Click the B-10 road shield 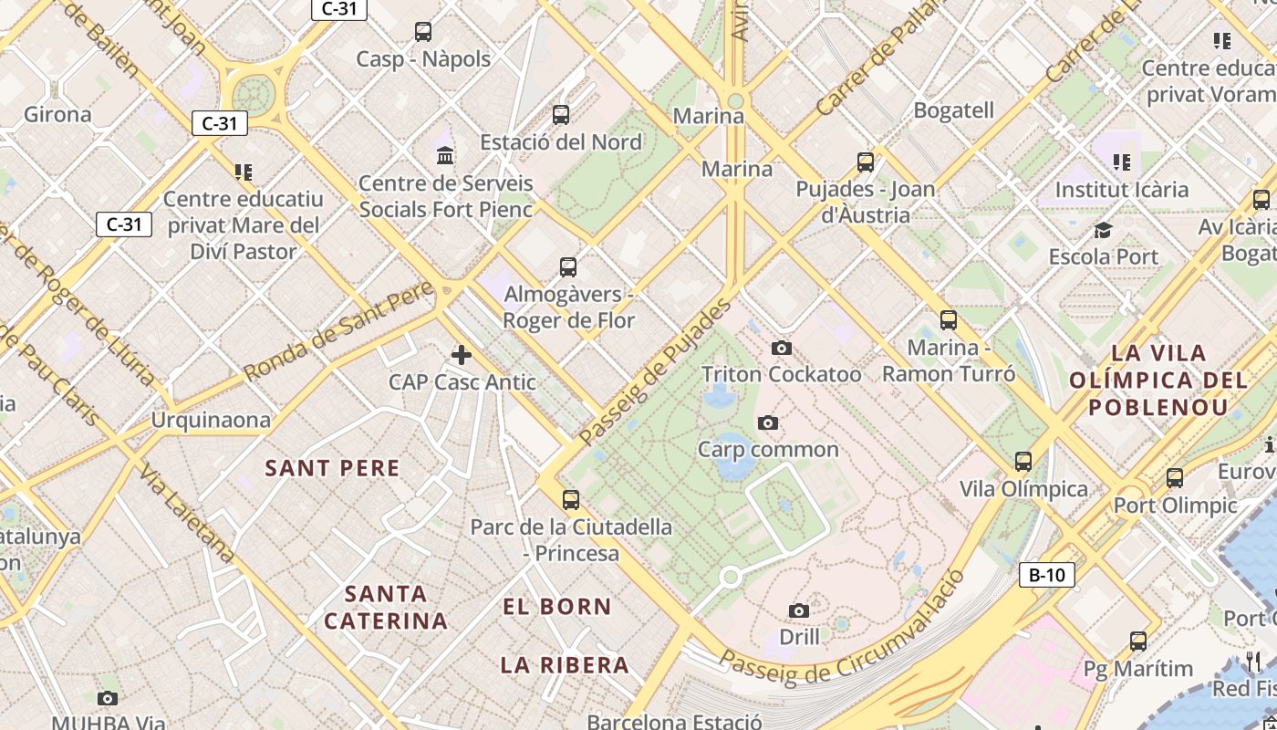coord(1046,575)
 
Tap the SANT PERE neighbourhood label coord(332,468)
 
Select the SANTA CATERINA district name coord(386,607)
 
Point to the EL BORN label coord(557,606)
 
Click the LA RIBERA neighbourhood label coord(565,664)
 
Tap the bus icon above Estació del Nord coord(561,115)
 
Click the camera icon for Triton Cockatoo coord(781,348)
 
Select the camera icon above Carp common coord(768,422)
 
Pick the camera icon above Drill coord(799,610)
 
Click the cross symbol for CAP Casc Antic coord(462,355)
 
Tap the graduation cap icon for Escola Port coord(1103,230)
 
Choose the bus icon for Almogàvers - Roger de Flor coord(568,267)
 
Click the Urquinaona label coord(211,420)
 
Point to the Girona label coord(57,114)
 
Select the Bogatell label coord(953,110)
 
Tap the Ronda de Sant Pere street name coord(337,332)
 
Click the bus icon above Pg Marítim coord(1137,641)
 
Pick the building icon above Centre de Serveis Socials coord(445,155)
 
